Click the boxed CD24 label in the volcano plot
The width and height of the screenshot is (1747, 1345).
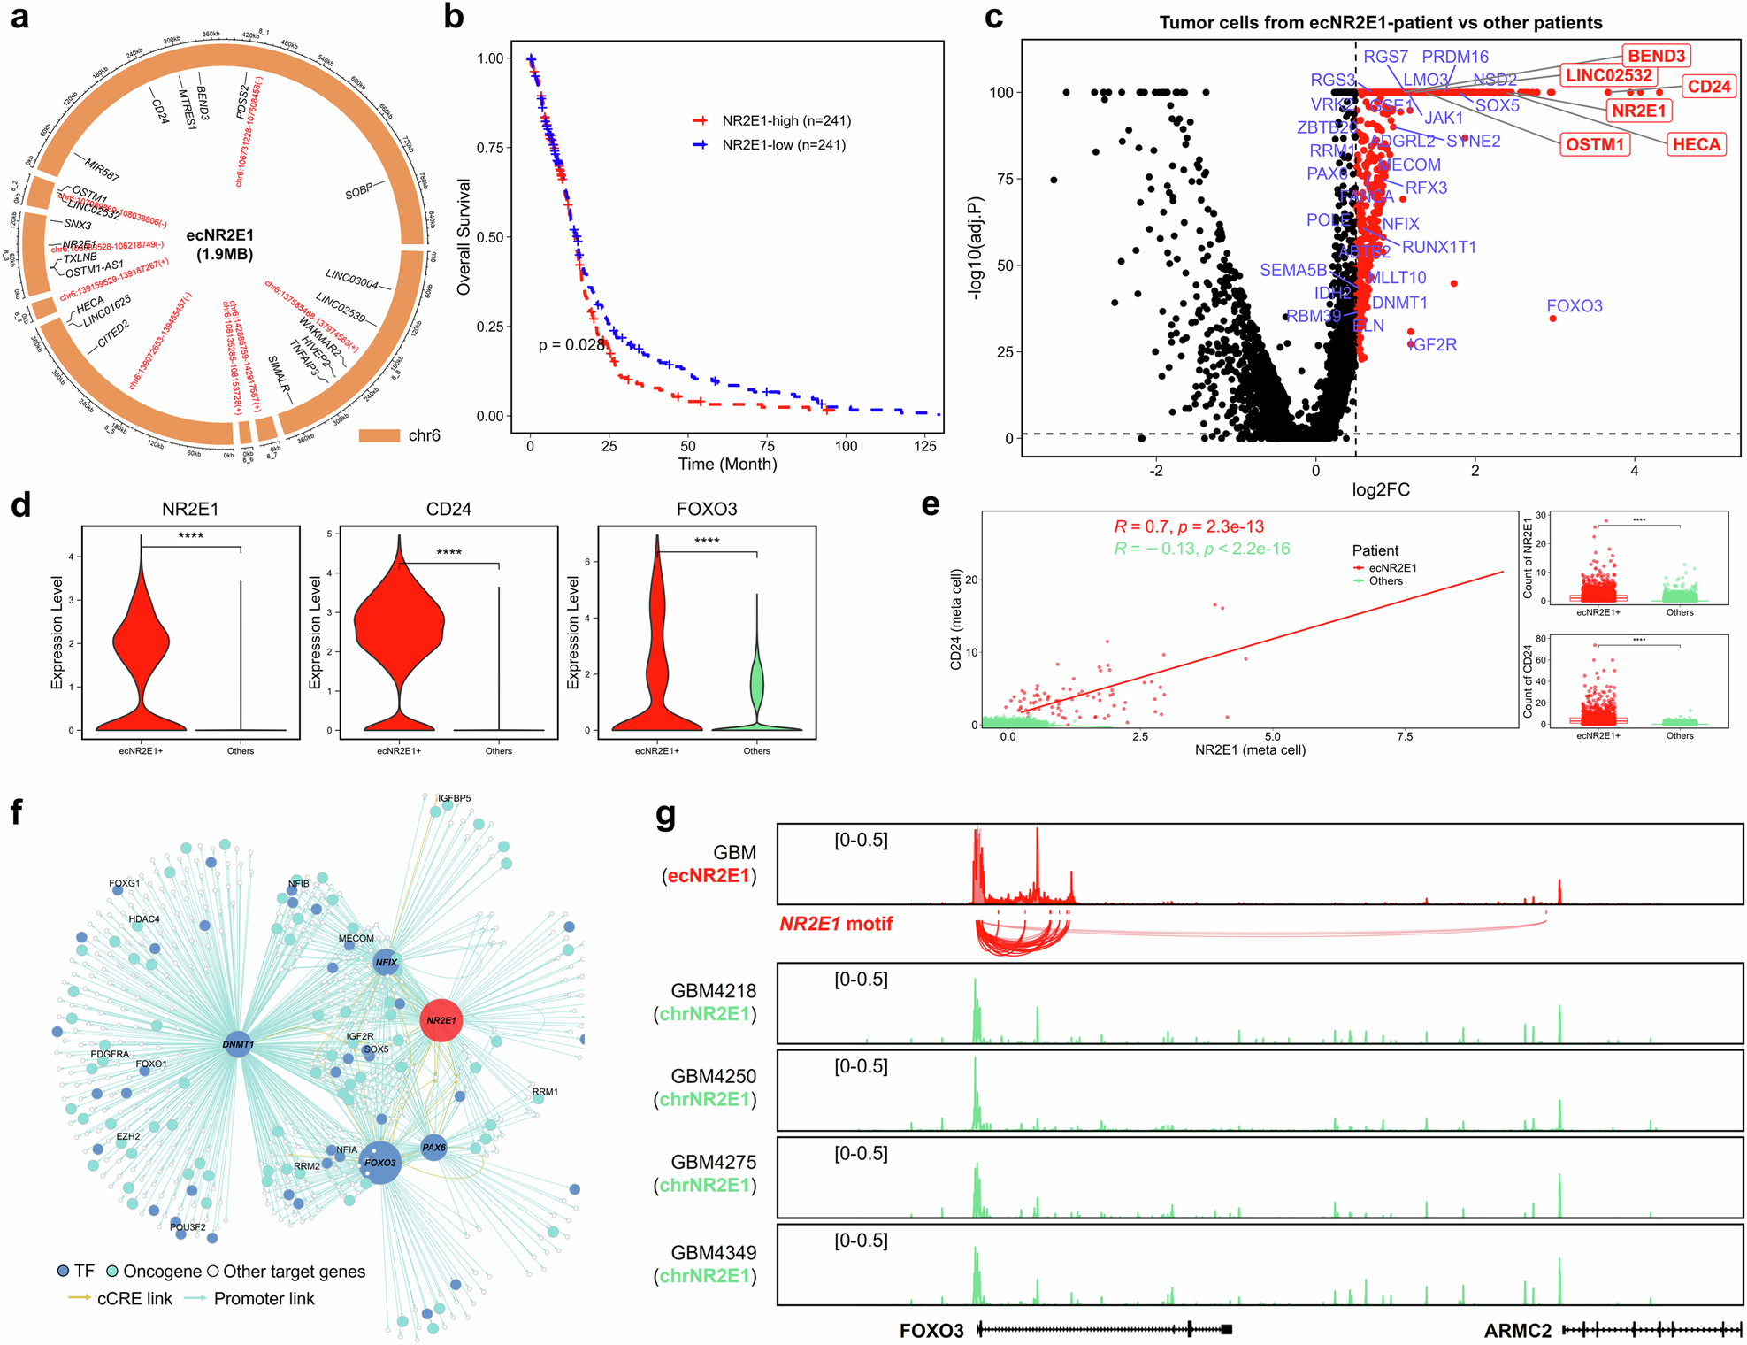pos(1707,87)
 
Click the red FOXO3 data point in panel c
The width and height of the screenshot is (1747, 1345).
pos(1553,319)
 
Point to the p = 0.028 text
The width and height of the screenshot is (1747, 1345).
pos(571,345)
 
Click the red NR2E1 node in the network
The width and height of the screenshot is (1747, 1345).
pos(441,1020)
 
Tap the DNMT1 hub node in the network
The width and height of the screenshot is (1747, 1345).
pos(237,1044)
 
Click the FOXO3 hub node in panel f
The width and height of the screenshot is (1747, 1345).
pos(381,1163)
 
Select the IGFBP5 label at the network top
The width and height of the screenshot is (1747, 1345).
pos(454,798)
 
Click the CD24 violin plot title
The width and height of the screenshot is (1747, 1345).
pos(448,509)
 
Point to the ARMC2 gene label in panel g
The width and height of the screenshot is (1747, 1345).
pos(1517,1330)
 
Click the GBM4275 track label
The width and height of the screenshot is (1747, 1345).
pos(713,1162)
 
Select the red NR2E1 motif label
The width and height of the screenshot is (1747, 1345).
pos(835,924)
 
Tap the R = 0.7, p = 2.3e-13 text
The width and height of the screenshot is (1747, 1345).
pos(1188,526)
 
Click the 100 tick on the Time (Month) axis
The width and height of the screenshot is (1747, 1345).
pos(846,446)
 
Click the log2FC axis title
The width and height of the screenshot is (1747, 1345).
pos(1380,489)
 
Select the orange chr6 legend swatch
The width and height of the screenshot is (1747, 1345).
pos(379,435)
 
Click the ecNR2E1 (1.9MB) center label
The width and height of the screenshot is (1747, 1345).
pos(220,244)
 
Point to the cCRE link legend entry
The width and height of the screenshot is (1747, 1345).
pos(120,1298)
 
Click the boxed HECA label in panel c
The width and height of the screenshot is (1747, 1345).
pos(1695,144)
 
